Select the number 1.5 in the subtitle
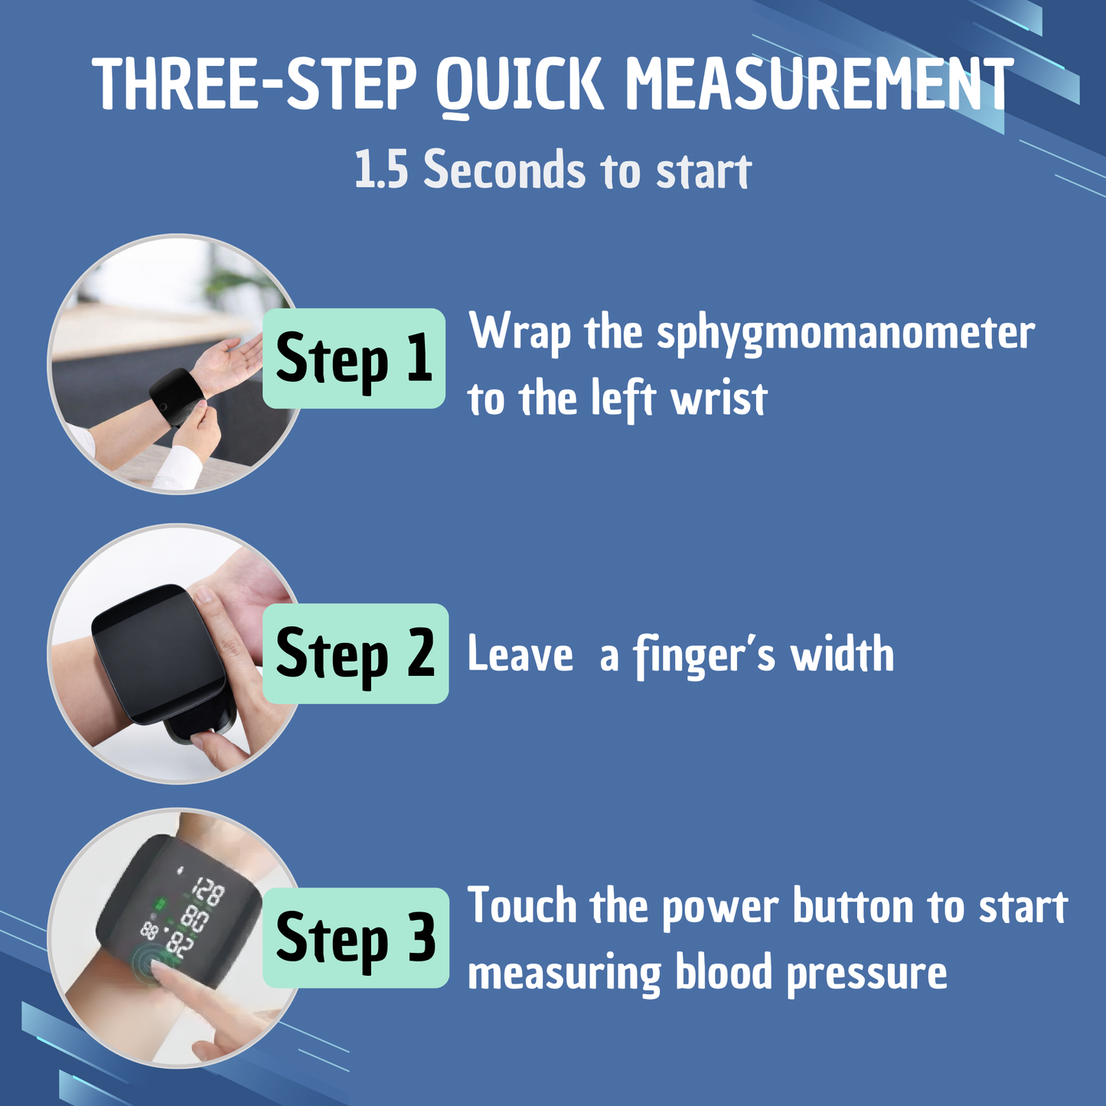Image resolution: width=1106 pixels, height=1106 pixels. click(x=381, y=170)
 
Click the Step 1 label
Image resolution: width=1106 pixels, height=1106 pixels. click(x=354, y=358)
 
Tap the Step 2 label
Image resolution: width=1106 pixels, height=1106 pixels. click(x=355, y=654)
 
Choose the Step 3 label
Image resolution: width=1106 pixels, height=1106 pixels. click(x=355, y=938)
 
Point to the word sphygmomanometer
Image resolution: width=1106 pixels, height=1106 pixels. click(x=846, y=334)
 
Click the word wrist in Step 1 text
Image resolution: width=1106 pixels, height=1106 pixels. click(x=719, y=400)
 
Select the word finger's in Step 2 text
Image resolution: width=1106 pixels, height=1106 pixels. click(x=704, y=656)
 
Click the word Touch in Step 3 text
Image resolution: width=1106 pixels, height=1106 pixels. click(x=522, y=906)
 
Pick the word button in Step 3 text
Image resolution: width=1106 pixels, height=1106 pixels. click(x=853, y=907)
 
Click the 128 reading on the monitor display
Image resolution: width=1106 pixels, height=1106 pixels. click(x=207, y=892)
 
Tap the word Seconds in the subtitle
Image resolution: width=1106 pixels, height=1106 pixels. click(x=505, y=170)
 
